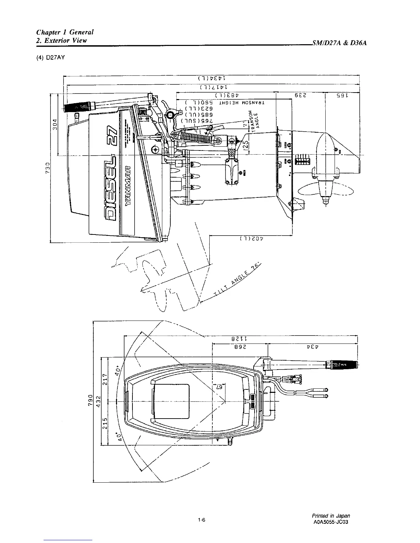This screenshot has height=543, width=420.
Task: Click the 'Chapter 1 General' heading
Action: pyautogui.click(x=65, y=32)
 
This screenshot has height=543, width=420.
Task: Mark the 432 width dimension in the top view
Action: pyautogui.click(x=98, y=400)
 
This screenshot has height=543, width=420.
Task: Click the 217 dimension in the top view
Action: pyautogui.click(x=105, y=379)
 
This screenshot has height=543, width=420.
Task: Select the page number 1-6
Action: pyautogui.click(x=201, y=520)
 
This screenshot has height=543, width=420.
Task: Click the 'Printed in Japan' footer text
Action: pyautogui.click(x=331, y=516)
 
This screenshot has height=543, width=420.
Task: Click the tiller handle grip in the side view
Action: pyautogui.click(x=78, y=105)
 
